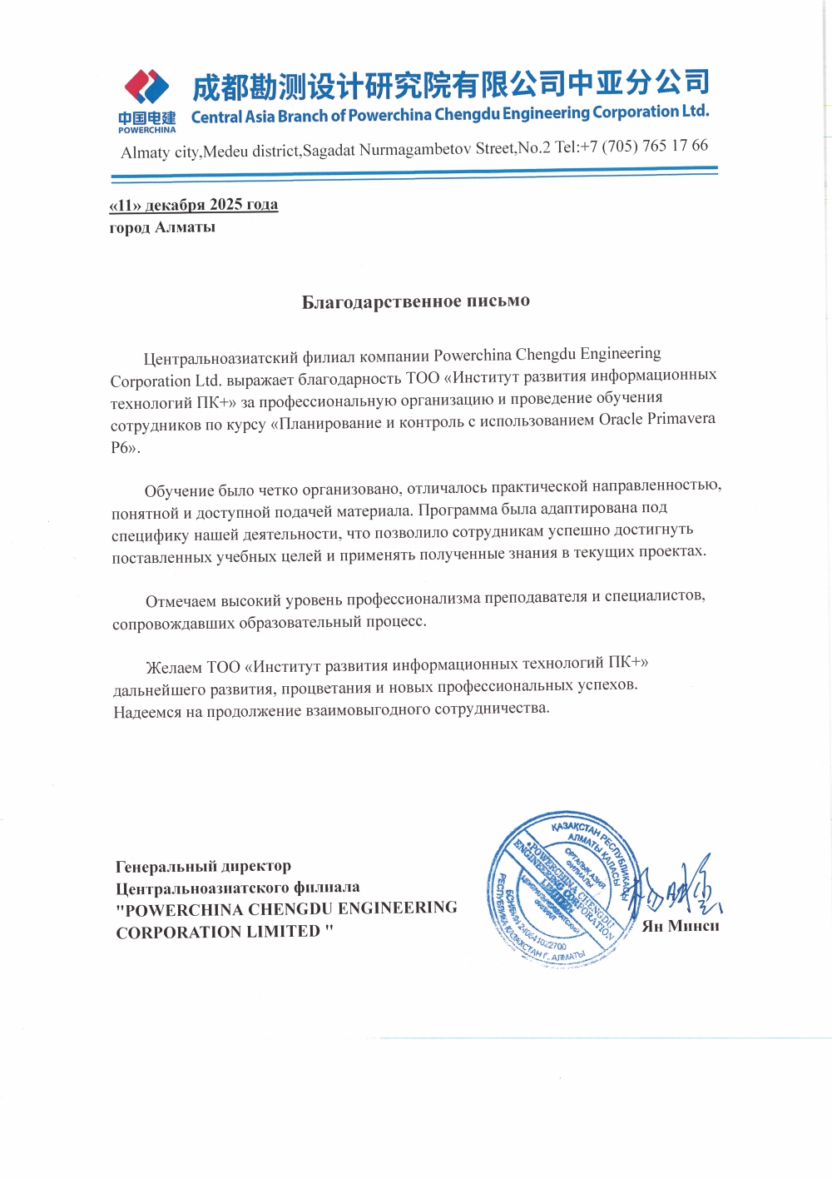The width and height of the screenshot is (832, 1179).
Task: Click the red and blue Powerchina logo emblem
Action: pyautogui.click(x=146, y=87)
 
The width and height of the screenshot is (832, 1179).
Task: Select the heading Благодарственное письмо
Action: pyautogui.click(x=415, y=301)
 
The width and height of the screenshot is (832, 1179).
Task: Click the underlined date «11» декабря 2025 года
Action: pyautogui.click(x=194, y=205)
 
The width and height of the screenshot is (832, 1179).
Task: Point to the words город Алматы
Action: pyautogui.click(x=162, y=227)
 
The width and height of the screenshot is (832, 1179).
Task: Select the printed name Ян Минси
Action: pyautogui.click(x=681, y=926)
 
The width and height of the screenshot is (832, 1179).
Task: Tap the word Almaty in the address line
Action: pyautogui.click(x=146, y=152)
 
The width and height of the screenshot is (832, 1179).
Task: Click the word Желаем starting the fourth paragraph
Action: pyautogui.click(x=173, y=668)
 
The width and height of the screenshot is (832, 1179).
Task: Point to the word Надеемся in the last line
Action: pyautogui.click(x=147, y=712)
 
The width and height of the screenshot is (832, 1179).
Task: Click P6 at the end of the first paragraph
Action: pyautogui.click(x=121, y=447)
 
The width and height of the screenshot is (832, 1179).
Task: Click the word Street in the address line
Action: pyautogui.click(x=494, y=148)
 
